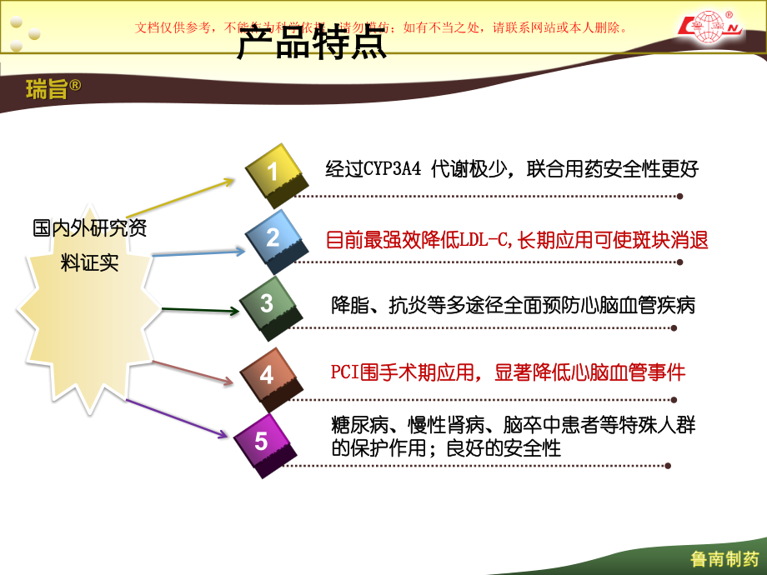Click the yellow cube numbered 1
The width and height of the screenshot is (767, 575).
[273, 173]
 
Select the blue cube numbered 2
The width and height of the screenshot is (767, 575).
[273, 237]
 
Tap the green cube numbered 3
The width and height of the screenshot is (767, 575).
[267, 304]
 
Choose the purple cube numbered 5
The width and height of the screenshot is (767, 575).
[261, 442]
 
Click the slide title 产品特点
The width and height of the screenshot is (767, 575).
[312, 44]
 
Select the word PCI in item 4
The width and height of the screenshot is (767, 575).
[344, 372]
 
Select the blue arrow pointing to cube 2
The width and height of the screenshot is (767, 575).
[200, 252]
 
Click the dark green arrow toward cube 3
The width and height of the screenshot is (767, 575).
[200, 310]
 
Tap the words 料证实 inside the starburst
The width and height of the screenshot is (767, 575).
[90, 263]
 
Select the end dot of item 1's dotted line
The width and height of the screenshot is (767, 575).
[679, 197]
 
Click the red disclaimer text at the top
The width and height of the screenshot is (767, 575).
[381, 27]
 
